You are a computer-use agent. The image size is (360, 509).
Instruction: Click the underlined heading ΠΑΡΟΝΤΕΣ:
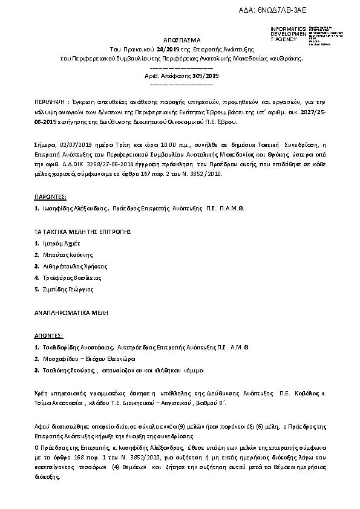(x=50, y=196)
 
